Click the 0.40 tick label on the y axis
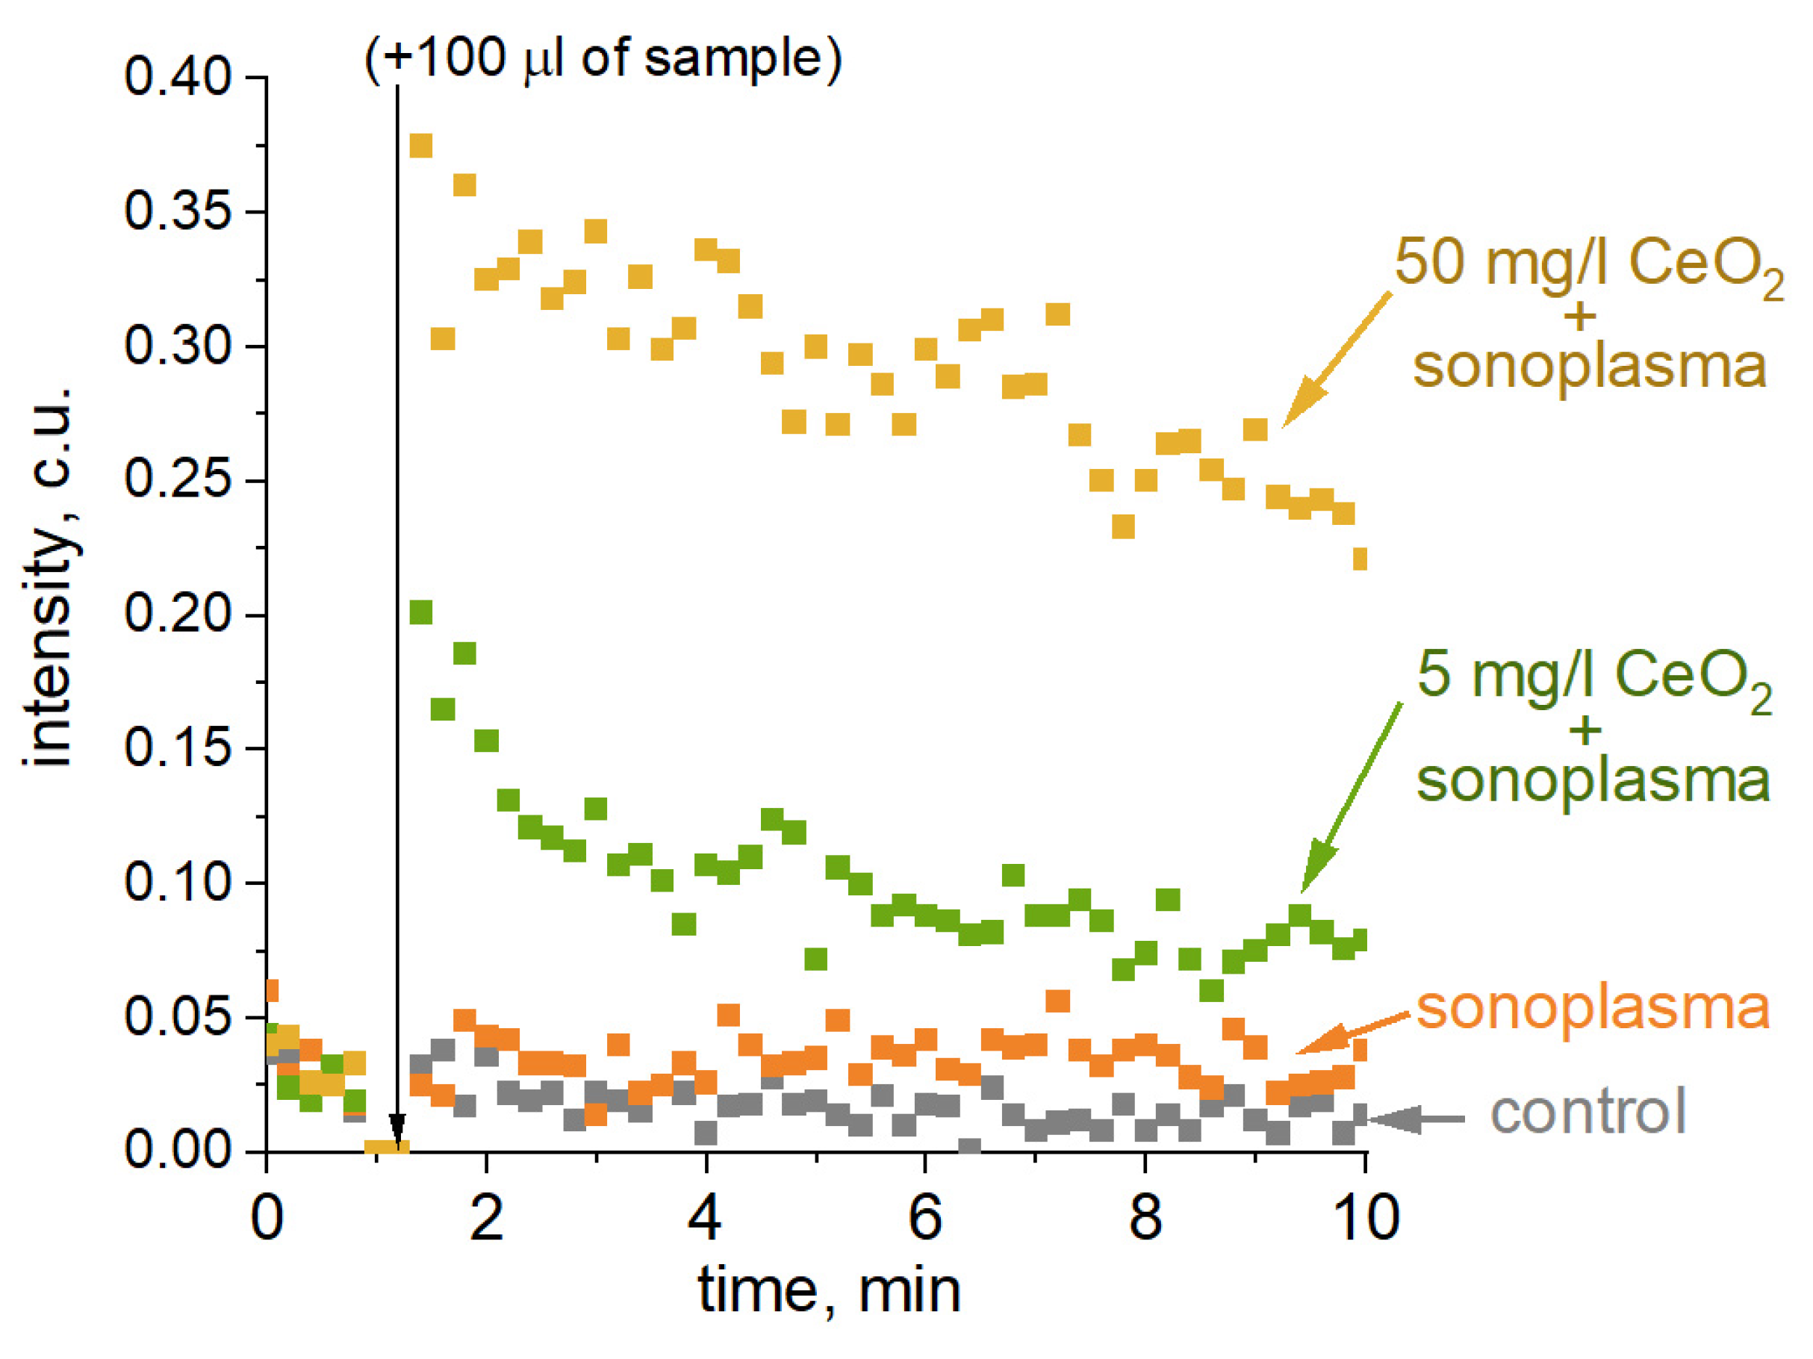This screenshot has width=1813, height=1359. (x=177, y=78)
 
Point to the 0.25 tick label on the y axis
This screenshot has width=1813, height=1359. (x=177, y=479)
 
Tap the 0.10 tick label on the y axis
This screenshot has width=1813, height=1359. (x=177, y=882)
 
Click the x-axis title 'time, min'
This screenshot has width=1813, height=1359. (x=830, y=1293)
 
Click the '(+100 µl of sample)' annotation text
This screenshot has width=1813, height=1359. (x=603, y=59)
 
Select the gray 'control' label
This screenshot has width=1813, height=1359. (x=1587, y=1113)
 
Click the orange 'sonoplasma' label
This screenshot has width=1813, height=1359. (x=1593, y=1008)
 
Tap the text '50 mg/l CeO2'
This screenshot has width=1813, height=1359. (x=1587, y=264)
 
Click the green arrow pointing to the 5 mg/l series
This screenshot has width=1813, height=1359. (x=1352, y=795)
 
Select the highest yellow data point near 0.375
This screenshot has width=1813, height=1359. (x=420, y=146)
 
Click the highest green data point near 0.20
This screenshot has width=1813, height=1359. (x=420, y=612)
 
